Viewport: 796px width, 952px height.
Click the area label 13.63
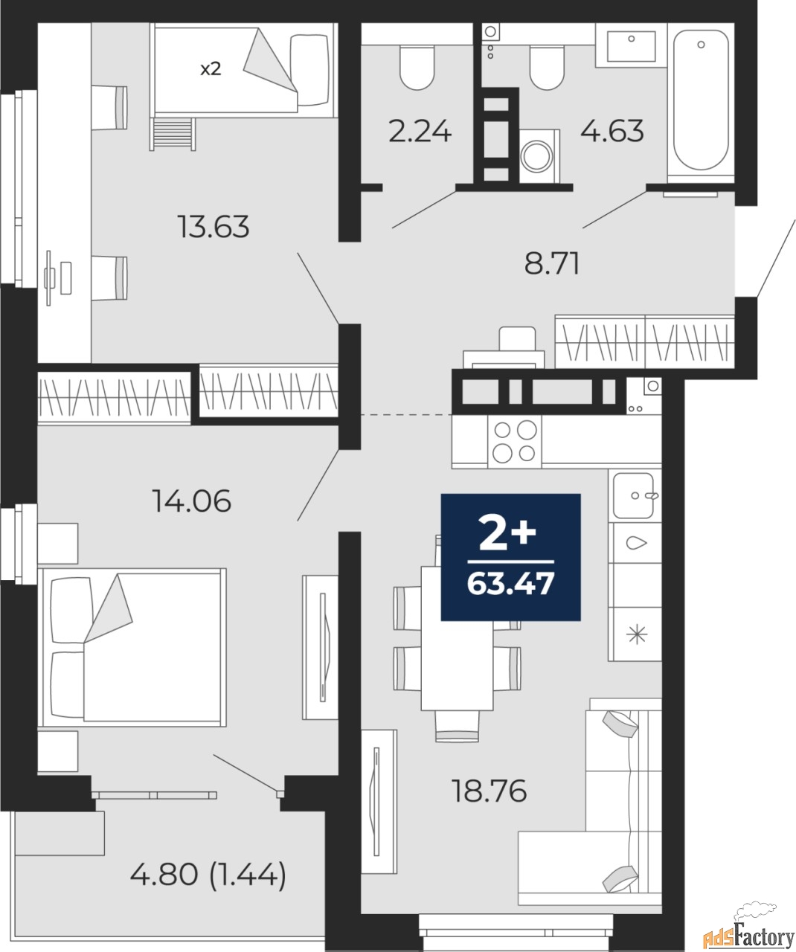tap(213, 227)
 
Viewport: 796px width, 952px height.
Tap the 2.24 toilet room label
tap(420, 132)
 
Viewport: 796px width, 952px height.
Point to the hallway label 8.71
tap(552, 263)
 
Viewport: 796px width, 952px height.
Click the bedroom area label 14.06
tap(192, 501)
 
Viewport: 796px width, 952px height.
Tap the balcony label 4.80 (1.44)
tap(208, 875)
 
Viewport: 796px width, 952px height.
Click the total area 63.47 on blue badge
tap(510, 584)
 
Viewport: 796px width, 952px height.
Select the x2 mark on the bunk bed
tap(211, 69)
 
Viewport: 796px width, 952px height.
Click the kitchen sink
tap(634, 495)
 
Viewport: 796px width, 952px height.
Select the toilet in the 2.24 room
tap(417, 68)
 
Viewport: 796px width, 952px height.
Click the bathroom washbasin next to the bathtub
tap(632, 45)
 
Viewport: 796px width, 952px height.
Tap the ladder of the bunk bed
tap(173, 134)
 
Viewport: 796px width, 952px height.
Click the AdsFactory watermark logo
tap(748, 933)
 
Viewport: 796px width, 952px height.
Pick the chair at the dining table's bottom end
tap(457, 725)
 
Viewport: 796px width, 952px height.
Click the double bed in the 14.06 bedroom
tap(132, 647)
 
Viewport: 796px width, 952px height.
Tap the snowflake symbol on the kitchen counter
tap(637, 634)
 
